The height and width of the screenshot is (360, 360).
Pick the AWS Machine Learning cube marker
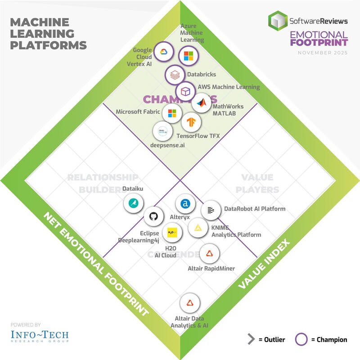(184, 91)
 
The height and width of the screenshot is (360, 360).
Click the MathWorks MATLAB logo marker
(201, 104)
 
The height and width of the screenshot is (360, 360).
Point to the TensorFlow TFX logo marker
(191, 121)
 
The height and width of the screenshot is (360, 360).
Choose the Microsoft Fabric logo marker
(171, 113)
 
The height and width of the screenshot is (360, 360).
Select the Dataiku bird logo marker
(133, 203)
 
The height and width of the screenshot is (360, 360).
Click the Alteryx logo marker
(184, 204)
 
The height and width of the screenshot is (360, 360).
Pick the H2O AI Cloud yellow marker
(171, 233)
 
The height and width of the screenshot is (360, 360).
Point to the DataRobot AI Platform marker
(210, 210)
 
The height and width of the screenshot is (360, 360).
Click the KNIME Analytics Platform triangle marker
(197, 228)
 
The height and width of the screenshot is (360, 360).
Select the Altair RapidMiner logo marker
(209, 255)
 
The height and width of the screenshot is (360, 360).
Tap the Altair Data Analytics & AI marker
(190, 303)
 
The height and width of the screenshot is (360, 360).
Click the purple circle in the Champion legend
(302, 339)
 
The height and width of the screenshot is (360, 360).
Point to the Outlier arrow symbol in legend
(251, 339)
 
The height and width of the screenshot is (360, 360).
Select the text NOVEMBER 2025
(322, 53)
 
